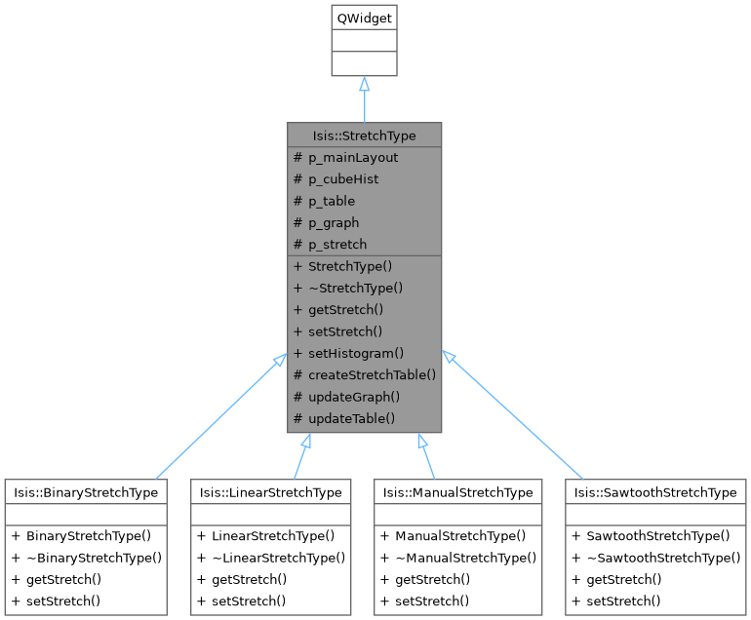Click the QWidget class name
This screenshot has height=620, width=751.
click(x=364, y=18)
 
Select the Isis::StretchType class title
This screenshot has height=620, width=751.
click(x=364, y=136)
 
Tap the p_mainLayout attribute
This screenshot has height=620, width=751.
click(x=353, y=157)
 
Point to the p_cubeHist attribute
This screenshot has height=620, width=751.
click(x=343, y=179)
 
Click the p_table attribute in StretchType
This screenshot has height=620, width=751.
click(x=332, y=201)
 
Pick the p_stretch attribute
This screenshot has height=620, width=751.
click(x=337, y=244)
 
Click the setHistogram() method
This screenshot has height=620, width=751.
click(x=355, y=353)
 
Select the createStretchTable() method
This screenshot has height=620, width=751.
click(x=372, y=374)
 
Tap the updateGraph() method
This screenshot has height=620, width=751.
click(x=354, y=397)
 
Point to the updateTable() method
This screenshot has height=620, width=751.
click(x=351, y=418)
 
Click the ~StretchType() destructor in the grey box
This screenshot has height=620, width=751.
click(x=355, y=288)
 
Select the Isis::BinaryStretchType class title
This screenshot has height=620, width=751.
click(x=86, y=492)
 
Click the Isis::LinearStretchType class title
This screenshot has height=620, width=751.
click(x=271, y=492)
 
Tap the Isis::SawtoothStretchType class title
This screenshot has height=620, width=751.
click(x=655, y=492)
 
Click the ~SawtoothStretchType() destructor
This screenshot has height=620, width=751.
click(x=663, y=558)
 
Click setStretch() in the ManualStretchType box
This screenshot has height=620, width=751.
click(x=432, y=601)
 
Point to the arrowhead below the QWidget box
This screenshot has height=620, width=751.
click(x=364, y=85)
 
